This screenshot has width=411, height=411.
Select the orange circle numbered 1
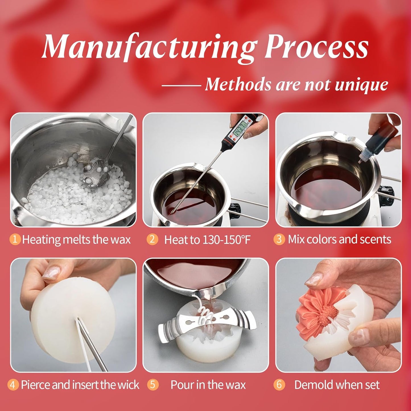(x=15, y=239)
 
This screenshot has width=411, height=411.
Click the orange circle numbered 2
(x=152, y=239)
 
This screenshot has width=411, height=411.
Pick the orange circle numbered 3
(x=279, y=239)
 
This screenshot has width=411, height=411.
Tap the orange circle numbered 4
(x=13, y=385)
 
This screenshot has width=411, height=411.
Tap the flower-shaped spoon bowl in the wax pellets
(x=96, y=174)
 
